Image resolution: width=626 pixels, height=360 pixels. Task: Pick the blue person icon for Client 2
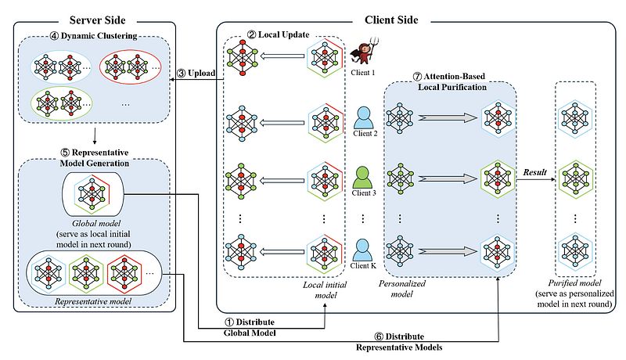362,120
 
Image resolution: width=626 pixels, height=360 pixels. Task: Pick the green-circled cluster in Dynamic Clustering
59,102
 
